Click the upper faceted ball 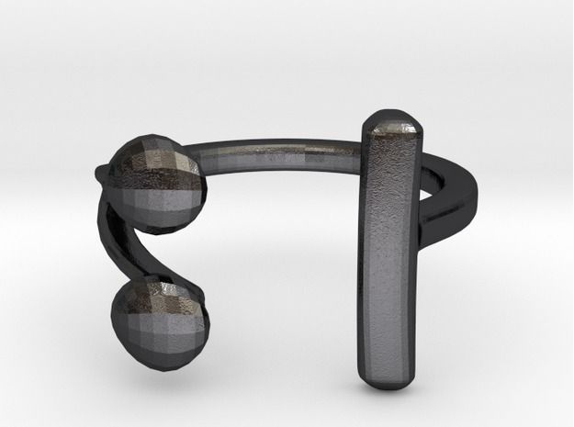coord(157,179)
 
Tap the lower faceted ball coord(160,317)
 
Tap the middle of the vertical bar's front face coord(388,248)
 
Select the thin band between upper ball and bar coord(276,147)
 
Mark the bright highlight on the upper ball coord(174,165)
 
